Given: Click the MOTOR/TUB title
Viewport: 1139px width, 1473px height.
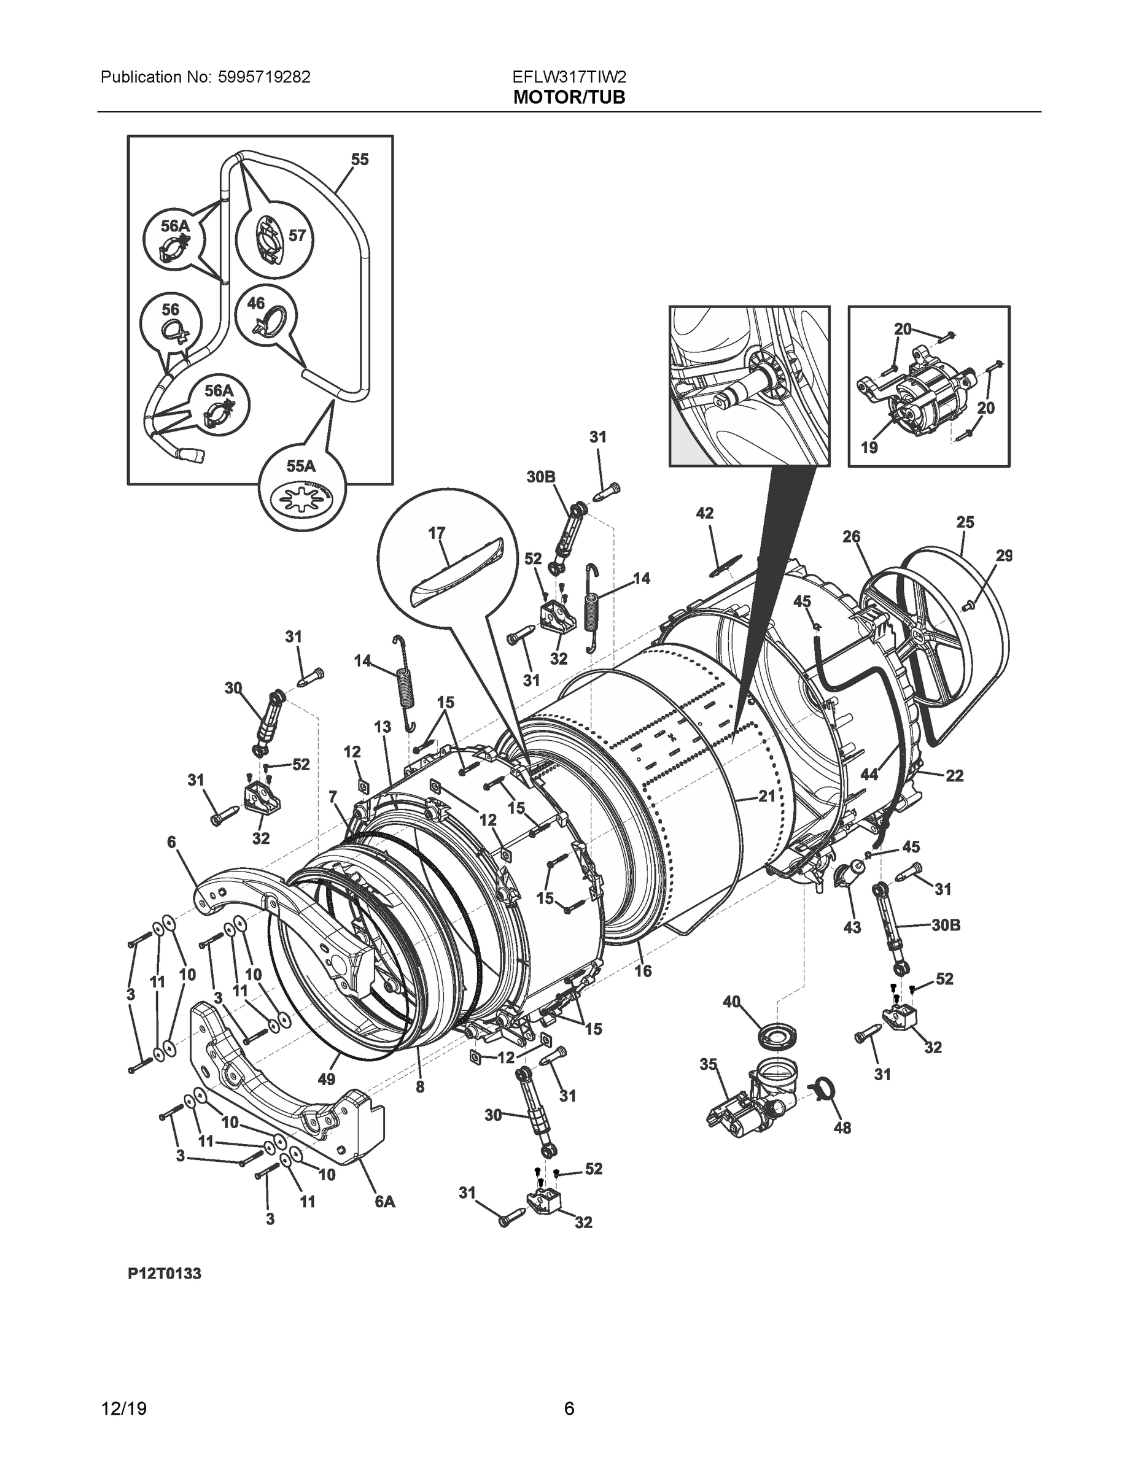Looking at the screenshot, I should pyautogui.click(x=569, y=98).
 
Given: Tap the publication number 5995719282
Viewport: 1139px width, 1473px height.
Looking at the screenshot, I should pyautogui.click(x=264, y=77).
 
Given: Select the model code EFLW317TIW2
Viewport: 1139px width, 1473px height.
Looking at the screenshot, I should pyautogui.click(x=569, y=77).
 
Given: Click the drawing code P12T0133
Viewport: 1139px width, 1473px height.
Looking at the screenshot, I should pyautogui.click(x=164, y=1274).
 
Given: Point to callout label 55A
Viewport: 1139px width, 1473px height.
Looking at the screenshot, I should pyautogui.click(x=300, y=466).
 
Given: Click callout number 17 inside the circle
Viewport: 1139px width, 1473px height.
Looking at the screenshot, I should pyautogui.click(x=437, y=533).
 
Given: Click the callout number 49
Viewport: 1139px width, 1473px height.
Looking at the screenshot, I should pyautogui.click(x=326, y=1079).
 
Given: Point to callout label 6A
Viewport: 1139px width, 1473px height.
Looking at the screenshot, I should pyautogui.click(x=384, y=1201).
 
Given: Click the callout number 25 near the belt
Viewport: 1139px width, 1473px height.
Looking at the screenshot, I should pyautogui.click(x=965, y=522).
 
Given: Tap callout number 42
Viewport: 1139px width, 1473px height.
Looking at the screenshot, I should pyautogui.click(x=704, y=513).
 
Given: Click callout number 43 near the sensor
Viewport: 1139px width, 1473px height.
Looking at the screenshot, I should pyautogui.click(x=852, y=927).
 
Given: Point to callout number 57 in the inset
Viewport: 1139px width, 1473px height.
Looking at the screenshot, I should pyautogui.click(x=297, y=236).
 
